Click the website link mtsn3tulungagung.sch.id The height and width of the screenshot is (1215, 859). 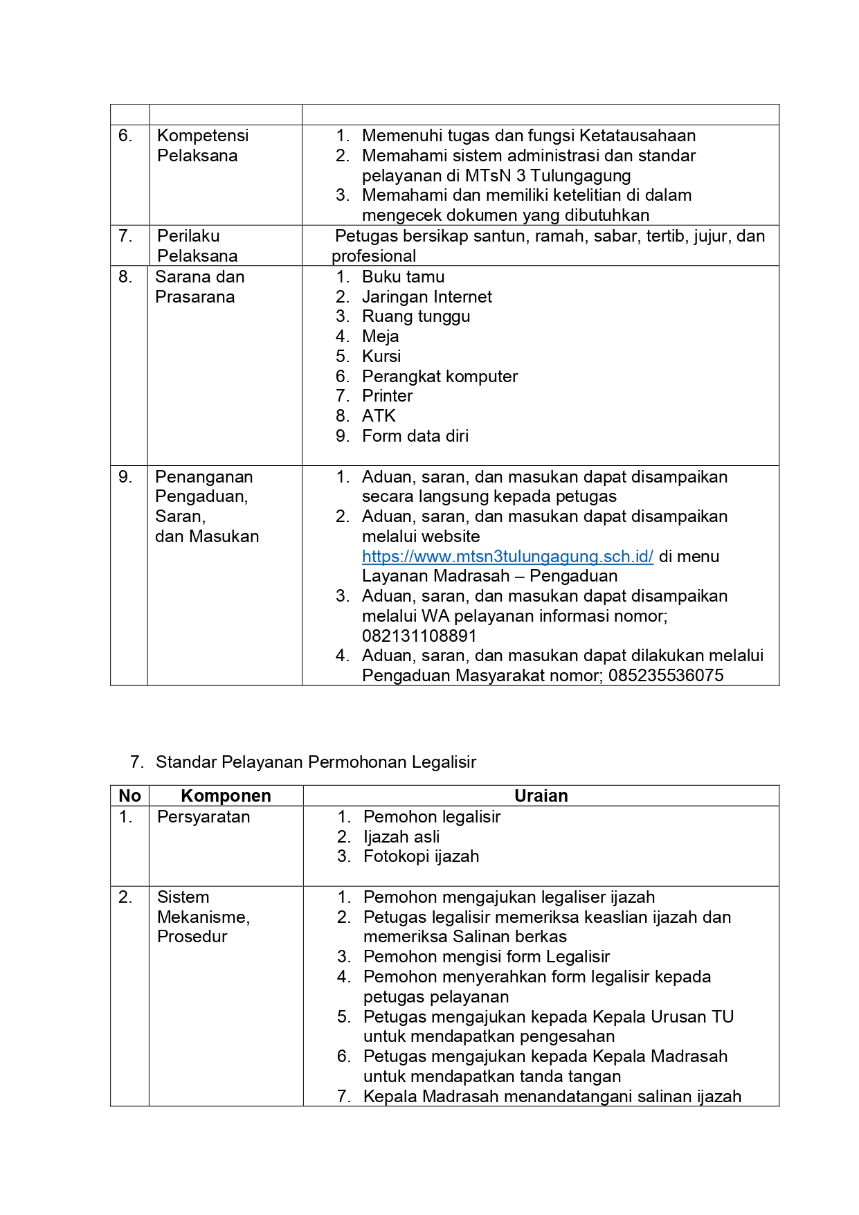click(507, 557)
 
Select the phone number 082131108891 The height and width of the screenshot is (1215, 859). click(419, 636)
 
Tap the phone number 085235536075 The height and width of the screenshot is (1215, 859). click(666, 676)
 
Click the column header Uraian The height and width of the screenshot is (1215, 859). click(541, 796)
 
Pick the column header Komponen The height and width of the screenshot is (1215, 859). click(226, 796)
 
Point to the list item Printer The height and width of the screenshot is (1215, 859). click(387, 396)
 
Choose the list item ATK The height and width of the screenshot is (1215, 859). click(379, 416)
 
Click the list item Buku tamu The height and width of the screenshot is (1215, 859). click(403, 277)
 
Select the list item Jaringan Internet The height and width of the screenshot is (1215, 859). click(426, 297)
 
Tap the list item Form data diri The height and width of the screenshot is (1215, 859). click(415, 436)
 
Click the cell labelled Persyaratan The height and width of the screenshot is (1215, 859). click(204, 817)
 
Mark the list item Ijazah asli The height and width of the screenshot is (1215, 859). click(401, 837)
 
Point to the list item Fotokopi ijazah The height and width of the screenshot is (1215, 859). click(421, 856)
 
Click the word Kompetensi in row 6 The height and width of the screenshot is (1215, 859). click(203, 136)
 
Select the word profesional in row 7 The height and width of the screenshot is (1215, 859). click(374, 256)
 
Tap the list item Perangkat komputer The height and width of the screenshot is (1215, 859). click(440, 377)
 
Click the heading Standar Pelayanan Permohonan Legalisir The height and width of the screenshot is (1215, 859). click(316, 762)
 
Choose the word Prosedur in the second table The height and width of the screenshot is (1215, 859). click(192, 937)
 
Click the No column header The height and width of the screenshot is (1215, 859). click(129, 796)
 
